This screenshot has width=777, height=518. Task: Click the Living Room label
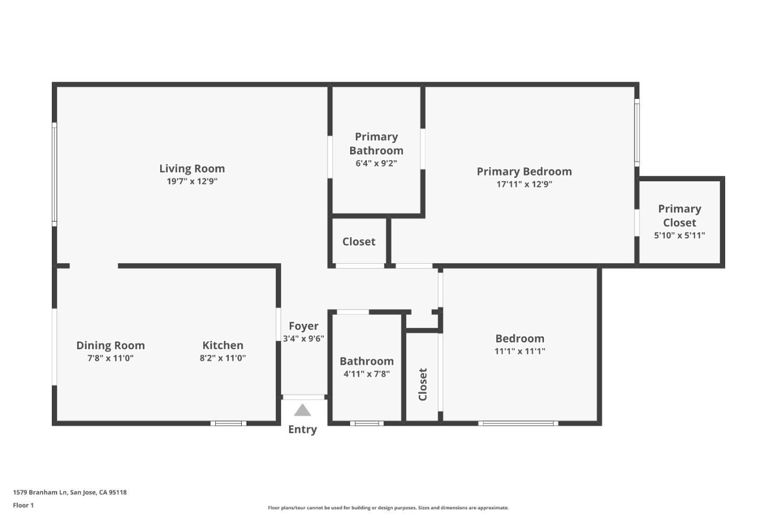coord(192,168)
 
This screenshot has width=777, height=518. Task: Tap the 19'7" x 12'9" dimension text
coord(192,181)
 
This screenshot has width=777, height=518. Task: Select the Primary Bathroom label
coord(376,144)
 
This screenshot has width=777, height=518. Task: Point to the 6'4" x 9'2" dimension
coord(376,163)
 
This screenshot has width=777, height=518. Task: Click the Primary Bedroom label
coord(524,172)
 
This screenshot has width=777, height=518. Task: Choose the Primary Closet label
coord(679,215)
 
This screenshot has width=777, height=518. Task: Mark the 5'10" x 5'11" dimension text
coord(679,235)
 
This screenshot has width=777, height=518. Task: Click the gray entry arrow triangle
coord(302,411)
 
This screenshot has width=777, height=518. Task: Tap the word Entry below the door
coord(302,430)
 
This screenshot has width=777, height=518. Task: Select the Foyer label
coord(303,326)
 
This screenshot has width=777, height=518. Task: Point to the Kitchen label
coord(222,345)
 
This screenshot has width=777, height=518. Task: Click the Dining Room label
coord(110,345)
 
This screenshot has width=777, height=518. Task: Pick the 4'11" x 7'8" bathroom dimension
coord(366,374)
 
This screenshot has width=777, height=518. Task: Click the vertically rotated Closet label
coord(422,384)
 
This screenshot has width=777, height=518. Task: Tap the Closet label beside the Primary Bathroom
coord(358,242)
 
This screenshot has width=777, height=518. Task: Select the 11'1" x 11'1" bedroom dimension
coord(520,351)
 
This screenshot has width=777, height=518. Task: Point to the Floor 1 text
coord(23,506)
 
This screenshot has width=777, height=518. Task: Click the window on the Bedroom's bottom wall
coord(518,424)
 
